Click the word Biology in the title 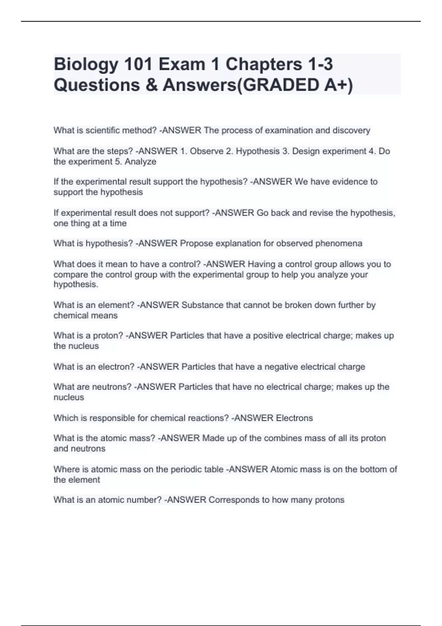pyautogui.click(x=86, y=65)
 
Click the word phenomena pyautogui.click(x=338, y=243)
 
